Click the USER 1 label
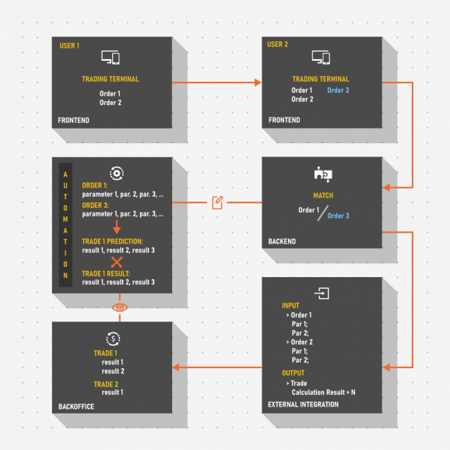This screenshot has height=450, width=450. (69, 46)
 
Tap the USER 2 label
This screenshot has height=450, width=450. (277, 45)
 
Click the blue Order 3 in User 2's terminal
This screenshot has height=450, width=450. (338, 90)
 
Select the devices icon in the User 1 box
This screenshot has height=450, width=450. (111, 58)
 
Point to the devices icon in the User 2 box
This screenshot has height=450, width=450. (321, 58)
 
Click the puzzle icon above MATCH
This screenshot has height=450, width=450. (322, 174)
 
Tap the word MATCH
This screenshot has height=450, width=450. (322, 196)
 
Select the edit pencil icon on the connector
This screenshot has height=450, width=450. (218, 203)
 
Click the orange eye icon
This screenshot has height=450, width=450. (119, 308)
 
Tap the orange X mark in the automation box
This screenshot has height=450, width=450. (117, 262)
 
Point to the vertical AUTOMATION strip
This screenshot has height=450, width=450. (65, 225)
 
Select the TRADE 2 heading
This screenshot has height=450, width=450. (105, 384)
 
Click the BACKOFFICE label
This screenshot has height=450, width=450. (76, 406)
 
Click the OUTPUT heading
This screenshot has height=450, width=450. (293, 373)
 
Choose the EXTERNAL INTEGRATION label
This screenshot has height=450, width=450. (303, 405)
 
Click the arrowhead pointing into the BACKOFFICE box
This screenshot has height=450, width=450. (178, 367)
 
